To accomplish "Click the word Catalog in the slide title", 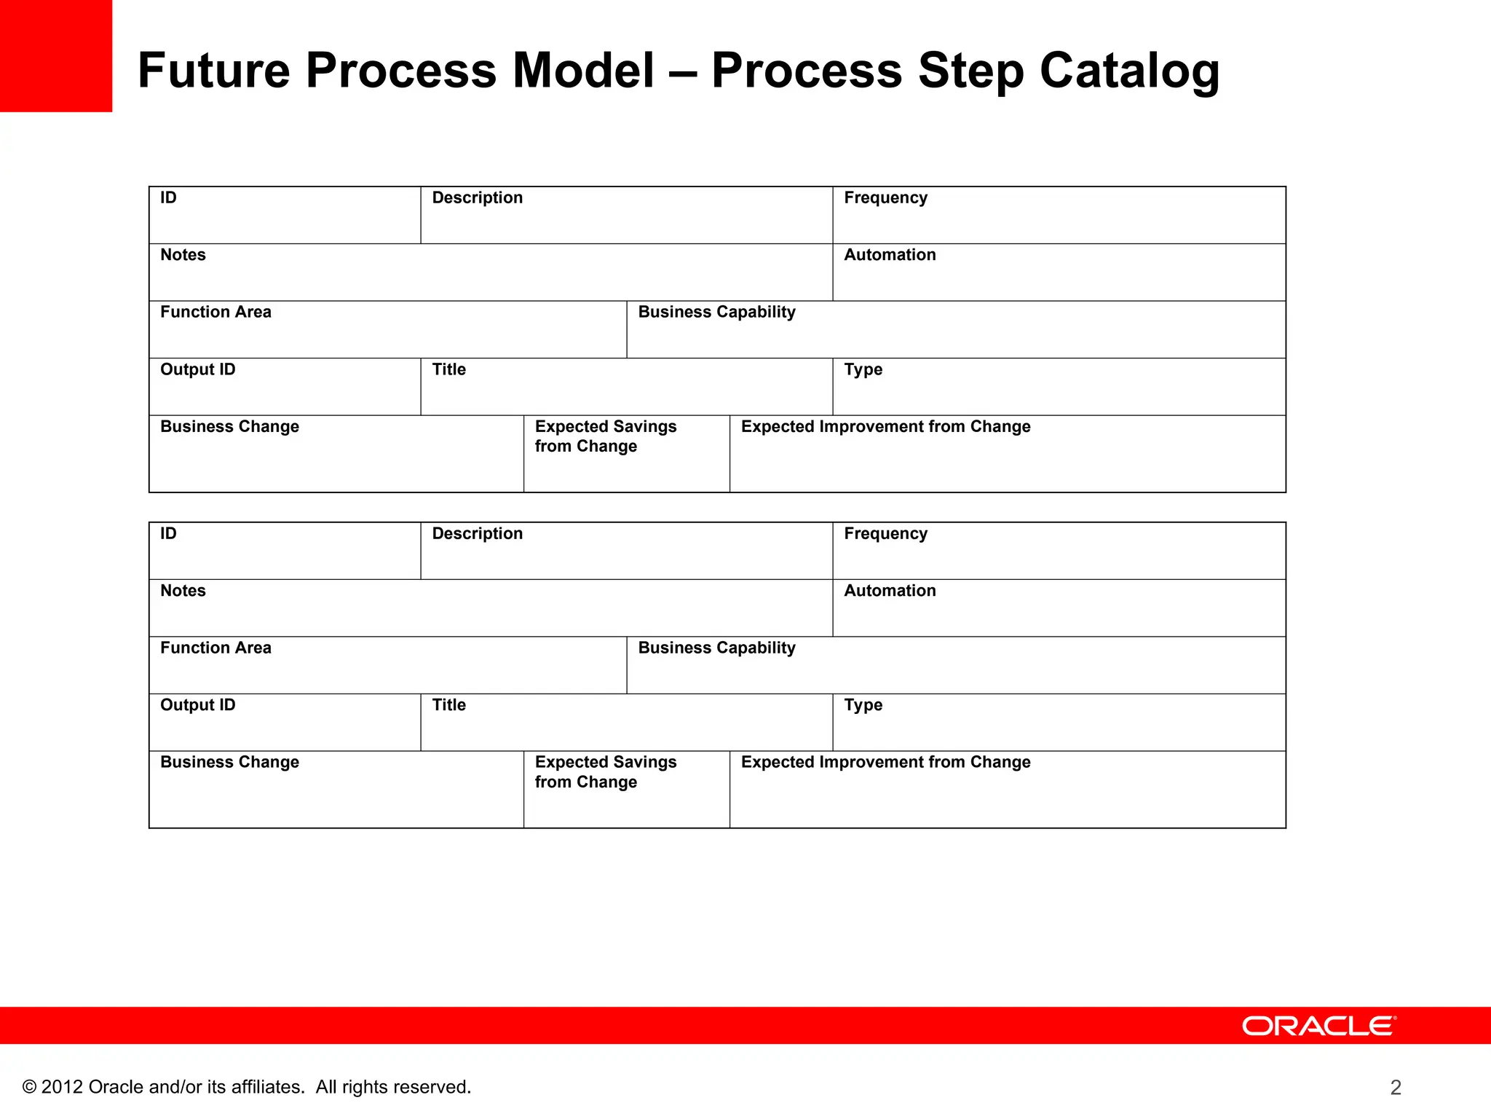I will [x=1129, y=71].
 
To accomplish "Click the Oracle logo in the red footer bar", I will [x=1319, y=1026].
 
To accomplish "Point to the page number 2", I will [x=1396, y=1087].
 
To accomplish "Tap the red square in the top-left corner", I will [x=56, y=56].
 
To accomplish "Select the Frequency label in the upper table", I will [x=885, y=198].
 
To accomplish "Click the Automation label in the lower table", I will [x=890, y=591].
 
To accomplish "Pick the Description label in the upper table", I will [x=478, y=198].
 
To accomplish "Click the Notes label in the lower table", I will [x=183, y=591].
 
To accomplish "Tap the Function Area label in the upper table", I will [x=215, y=313].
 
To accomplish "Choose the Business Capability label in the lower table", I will [x=716, y=648].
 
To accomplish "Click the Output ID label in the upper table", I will [x=198, y=369].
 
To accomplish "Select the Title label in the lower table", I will [x=449, y=705].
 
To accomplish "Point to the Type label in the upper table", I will [x=863, y=369].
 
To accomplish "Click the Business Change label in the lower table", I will [x=229, y=762].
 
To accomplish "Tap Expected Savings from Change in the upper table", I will [x=606, y=436].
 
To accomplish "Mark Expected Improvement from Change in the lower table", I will [x=885, y=762].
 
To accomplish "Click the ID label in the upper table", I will [x=168, y=198].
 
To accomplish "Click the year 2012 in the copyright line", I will [x=62, y=1087].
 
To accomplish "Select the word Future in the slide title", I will [x=213, y=71].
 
